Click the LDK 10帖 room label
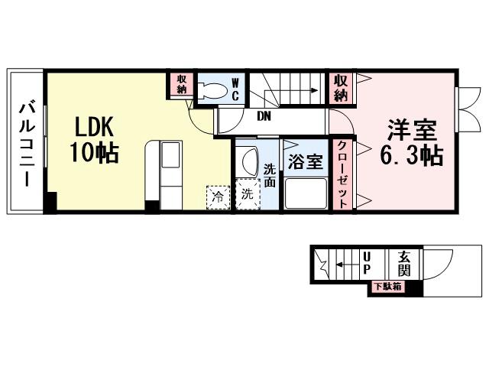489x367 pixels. tap(96, 139)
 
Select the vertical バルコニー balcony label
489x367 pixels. tap(25, 143)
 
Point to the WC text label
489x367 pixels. tap(236, 89)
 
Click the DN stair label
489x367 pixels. tap(264, 117)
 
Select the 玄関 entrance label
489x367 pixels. tap(404, 264)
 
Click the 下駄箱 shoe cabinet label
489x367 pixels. tap(386, 287)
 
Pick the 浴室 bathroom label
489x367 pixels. tap(305, 162)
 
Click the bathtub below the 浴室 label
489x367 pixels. tap(305, 193)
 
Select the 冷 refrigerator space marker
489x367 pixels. tap(216, 195)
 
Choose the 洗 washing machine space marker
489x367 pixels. tap(247, 194)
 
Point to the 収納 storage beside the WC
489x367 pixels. tap(183, 85)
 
